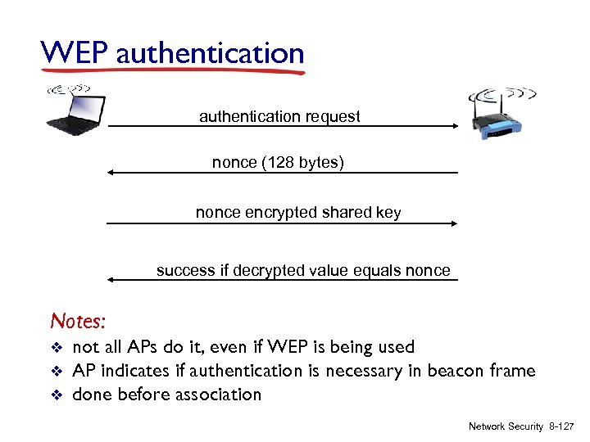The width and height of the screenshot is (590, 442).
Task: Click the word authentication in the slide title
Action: coord(210,54)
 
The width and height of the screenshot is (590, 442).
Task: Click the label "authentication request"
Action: coord(279,116)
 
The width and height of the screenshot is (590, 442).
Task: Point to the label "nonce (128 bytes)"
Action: coord(279,163)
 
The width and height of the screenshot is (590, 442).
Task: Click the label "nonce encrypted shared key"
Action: coord(298,213)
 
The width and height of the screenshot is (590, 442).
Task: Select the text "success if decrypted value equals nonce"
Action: coord(303,270)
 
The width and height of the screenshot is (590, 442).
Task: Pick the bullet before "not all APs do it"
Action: coord(56,348)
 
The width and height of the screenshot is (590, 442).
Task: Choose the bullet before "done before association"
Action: coord(56,395)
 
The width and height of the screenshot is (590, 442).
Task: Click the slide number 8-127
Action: coord(562,426)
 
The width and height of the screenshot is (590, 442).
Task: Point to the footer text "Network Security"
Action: coord(506,426)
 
